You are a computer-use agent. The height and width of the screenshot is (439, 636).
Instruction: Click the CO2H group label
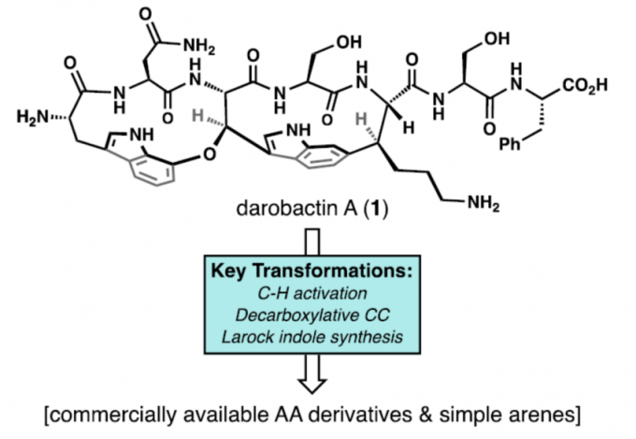[x=586, y=86]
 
